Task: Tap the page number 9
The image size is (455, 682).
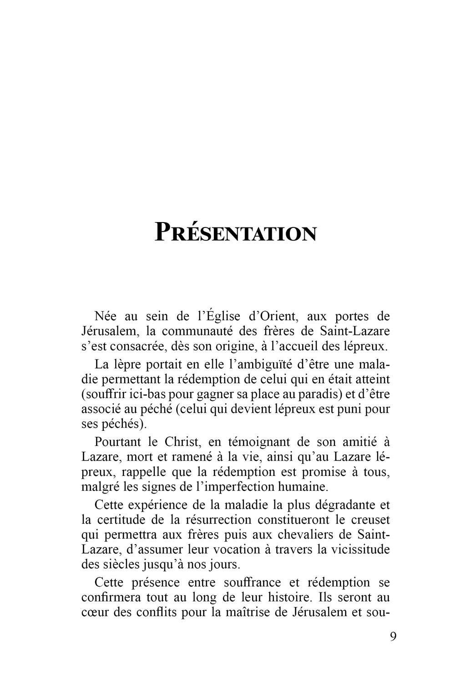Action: click(x=393, y=636)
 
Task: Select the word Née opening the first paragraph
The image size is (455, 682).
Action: click(x=106, y=316)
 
